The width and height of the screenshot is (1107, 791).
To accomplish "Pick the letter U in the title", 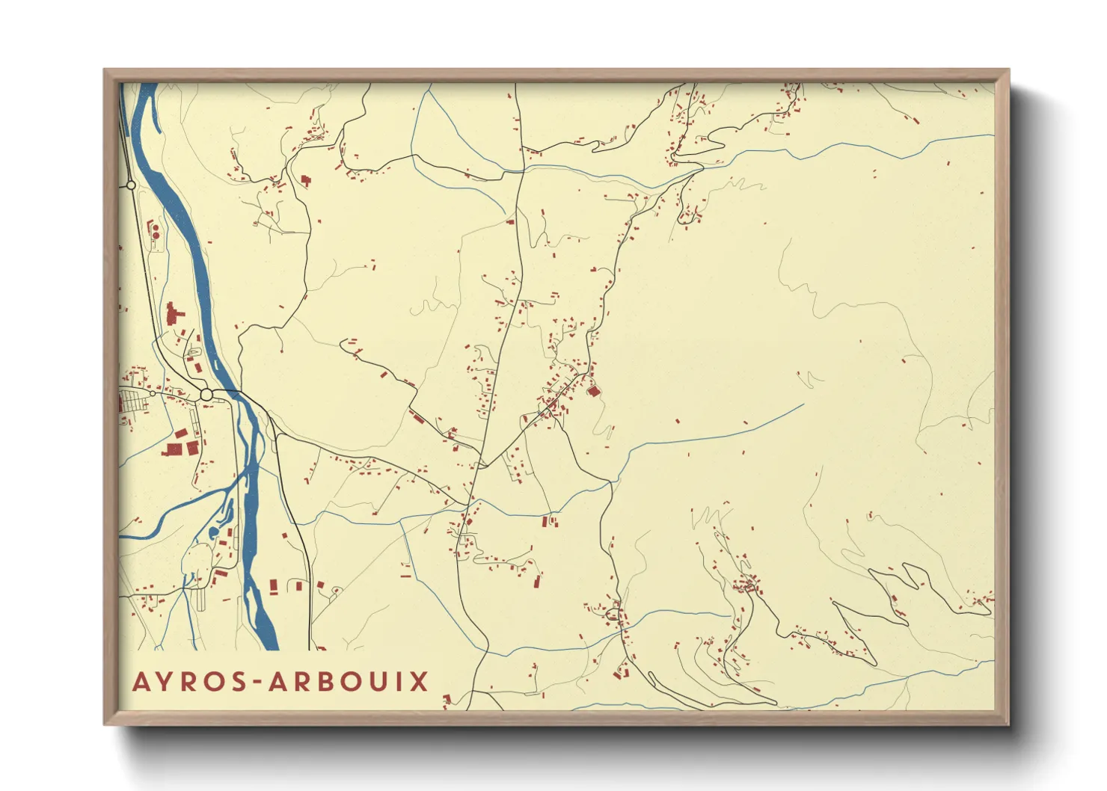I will pyautogui.click(x=385, y=682).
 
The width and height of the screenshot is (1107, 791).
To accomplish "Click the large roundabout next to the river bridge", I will pyautogui.click(x=206, y=394).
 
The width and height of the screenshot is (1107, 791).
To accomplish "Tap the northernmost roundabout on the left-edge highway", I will pyautogui.click(x=131, y=185).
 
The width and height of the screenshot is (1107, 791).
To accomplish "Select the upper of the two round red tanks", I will pyautogui.click(x=156, y=227).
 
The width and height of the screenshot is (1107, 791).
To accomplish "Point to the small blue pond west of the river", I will pyautogui.click(x=214, y=532).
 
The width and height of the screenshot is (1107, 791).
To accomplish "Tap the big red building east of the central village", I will pyautogui.click(x=594, y=390).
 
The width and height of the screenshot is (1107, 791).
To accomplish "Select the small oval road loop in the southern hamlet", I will pyautogui.click(x=613, y=615).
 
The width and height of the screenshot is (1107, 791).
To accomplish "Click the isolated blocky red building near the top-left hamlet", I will pyautogui.click(x=305, y=180).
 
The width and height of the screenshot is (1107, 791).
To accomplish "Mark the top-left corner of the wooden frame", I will pyautogui.click(x=105, y=70).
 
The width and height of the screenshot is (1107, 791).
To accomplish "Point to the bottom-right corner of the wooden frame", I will pyautogui.click(x=1008, y=724).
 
